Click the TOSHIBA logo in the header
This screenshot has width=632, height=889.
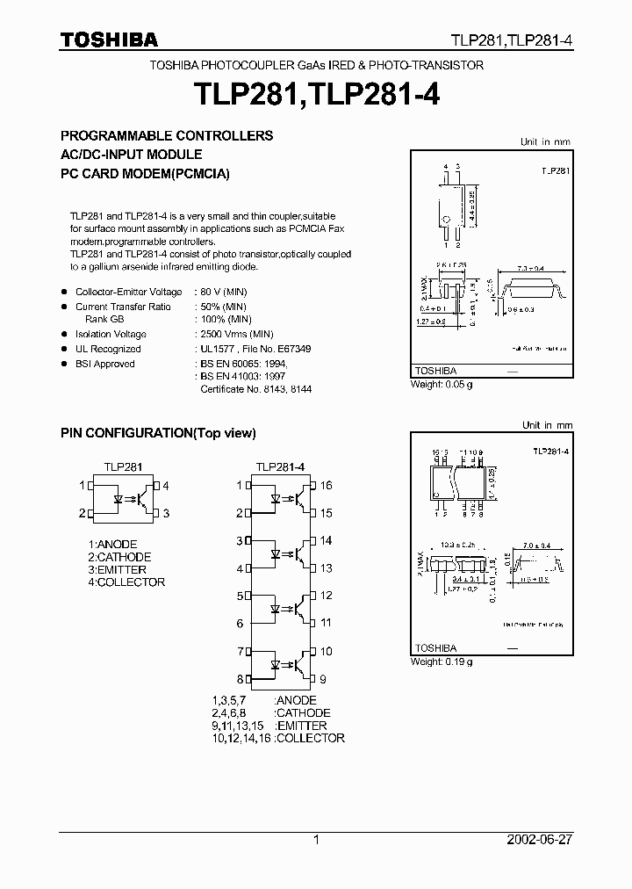[109, 40]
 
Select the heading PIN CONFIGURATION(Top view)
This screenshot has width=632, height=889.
[158, 433]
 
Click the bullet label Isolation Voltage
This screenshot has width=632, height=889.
[111, 335]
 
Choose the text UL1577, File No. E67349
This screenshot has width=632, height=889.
[255, 349]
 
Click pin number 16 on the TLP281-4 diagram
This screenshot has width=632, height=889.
[326, 486]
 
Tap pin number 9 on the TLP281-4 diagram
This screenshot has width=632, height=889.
[323, 679]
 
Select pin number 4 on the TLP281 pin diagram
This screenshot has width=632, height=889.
[165, 486]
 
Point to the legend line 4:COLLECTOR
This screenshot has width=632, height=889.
[126, 582]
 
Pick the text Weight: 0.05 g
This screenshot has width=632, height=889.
[442, 385]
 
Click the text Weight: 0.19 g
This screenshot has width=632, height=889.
[442, 661]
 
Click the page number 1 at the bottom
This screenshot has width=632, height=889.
[315, 840]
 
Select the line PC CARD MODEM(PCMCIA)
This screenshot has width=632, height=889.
[145, 174]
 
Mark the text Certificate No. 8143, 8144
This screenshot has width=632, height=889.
[256, 389]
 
